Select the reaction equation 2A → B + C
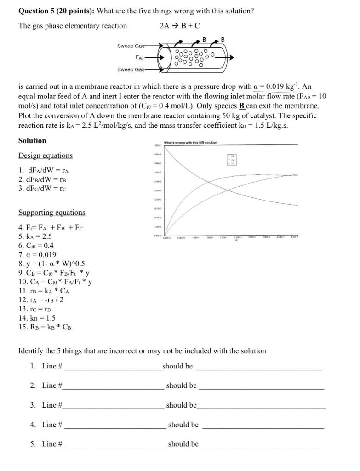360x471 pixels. [179, 26]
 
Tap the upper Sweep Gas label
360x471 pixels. [131, 46]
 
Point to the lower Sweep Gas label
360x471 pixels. [131, 69]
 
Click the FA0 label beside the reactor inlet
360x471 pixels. [140, 58]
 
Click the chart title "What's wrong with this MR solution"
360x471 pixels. [190, 143]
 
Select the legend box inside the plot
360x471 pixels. [233, 159]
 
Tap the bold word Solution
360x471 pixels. [32, 141]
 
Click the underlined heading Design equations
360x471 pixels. [46, 156]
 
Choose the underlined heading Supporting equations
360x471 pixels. [51, 213]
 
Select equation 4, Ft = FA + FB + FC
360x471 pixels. [51, 227]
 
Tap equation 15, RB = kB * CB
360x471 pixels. [45, 327]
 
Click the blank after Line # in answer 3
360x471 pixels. [113, 405]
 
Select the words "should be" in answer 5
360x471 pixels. [183, 444]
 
